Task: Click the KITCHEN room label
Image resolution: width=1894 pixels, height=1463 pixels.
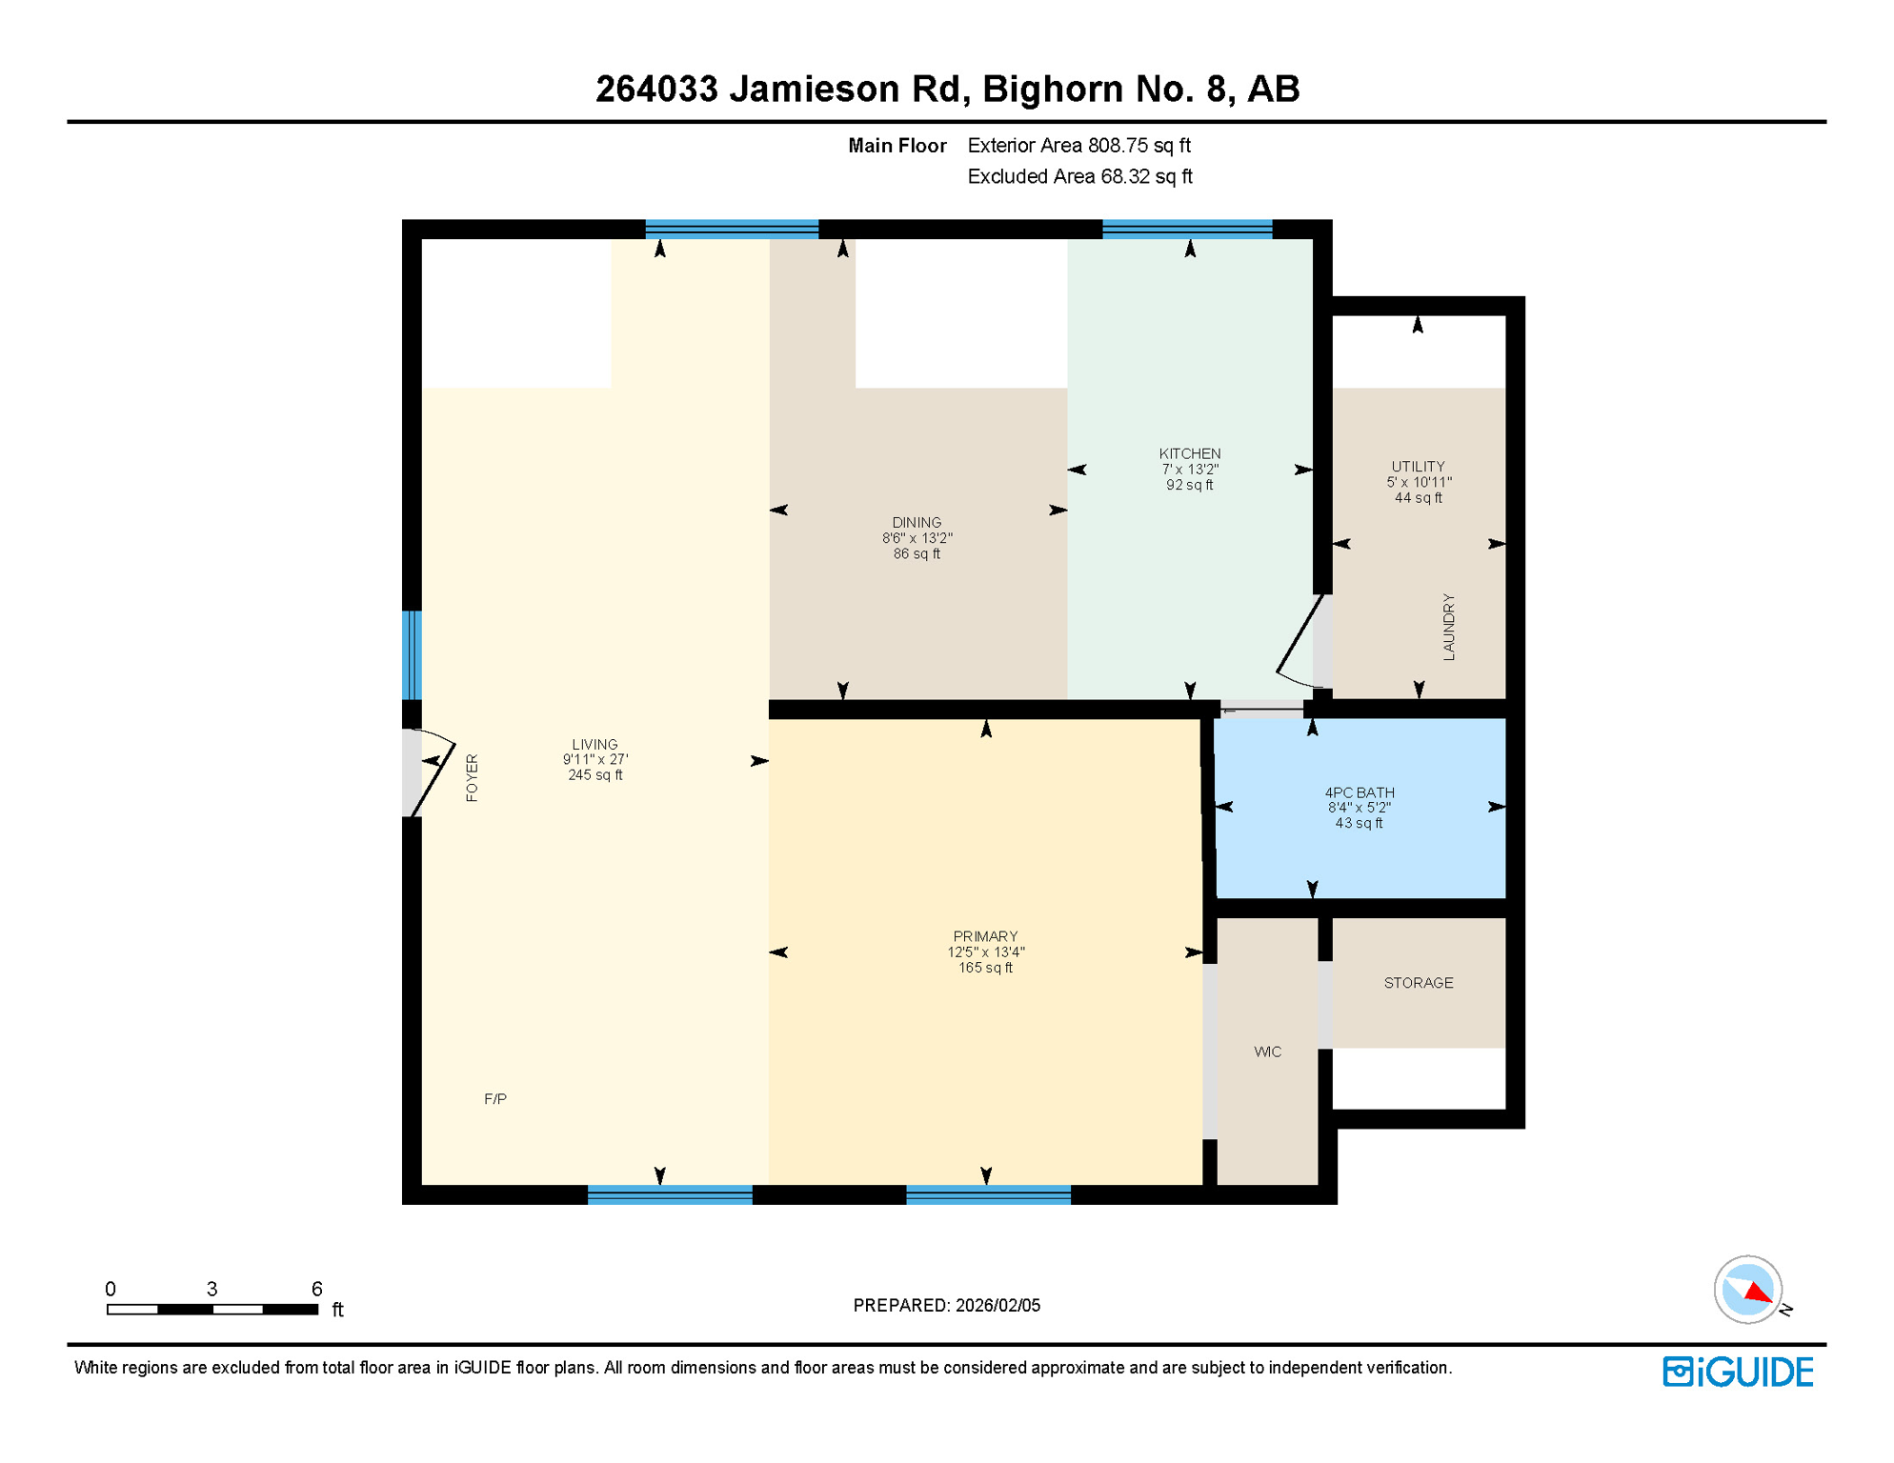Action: coord(1189,454)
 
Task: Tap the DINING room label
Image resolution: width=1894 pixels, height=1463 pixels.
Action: coord(917,523)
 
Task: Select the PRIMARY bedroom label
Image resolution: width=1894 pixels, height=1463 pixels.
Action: coord(985,937)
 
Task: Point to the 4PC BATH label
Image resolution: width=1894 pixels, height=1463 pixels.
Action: coord(1360,793)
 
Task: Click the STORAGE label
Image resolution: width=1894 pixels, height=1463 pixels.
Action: coord(1418,983)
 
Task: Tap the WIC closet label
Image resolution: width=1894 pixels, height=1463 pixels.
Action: coord(1267,1052)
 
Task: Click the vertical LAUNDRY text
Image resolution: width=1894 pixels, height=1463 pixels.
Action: coord(1448,627)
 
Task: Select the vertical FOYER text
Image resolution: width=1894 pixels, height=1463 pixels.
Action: coord(472,778)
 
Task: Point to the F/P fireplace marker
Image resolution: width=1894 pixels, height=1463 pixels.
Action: coord(495,1099)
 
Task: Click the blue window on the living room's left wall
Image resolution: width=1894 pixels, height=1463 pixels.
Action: coord(412,655)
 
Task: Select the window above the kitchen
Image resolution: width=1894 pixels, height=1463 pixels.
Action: coord(1187,229)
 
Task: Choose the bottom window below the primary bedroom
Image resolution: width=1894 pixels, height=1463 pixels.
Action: coord(988,1194)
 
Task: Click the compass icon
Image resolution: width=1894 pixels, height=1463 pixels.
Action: coord(1748,1290)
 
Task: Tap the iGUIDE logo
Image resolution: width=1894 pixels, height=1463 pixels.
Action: coord(1738,1372)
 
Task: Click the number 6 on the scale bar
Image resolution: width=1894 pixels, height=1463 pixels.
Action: coord(317,1289)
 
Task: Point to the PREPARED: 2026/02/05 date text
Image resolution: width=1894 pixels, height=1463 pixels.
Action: coord(946,1305)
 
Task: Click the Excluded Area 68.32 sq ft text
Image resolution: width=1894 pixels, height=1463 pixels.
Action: coord(1079,177)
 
